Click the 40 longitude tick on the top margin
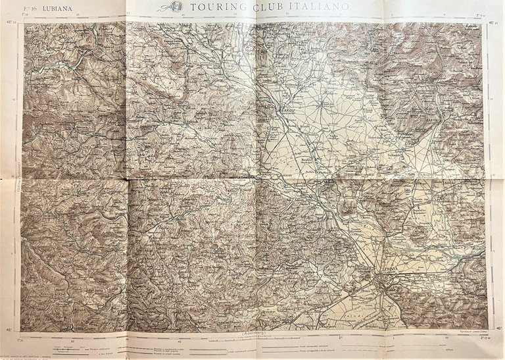(x=128, y=16)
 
